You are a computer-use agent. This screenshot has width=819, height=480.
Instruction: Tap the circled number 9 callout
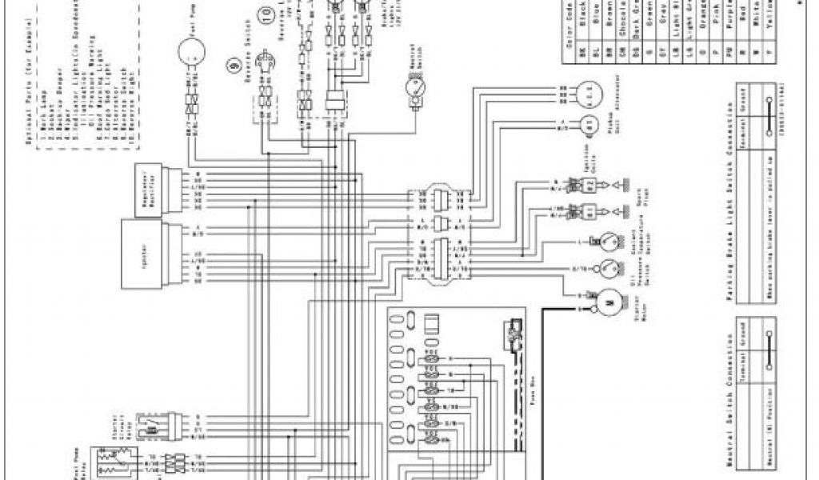click(235, 66)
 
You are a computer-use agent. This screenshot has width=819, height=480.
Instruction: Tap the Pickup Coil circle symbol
click(589, 124)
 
